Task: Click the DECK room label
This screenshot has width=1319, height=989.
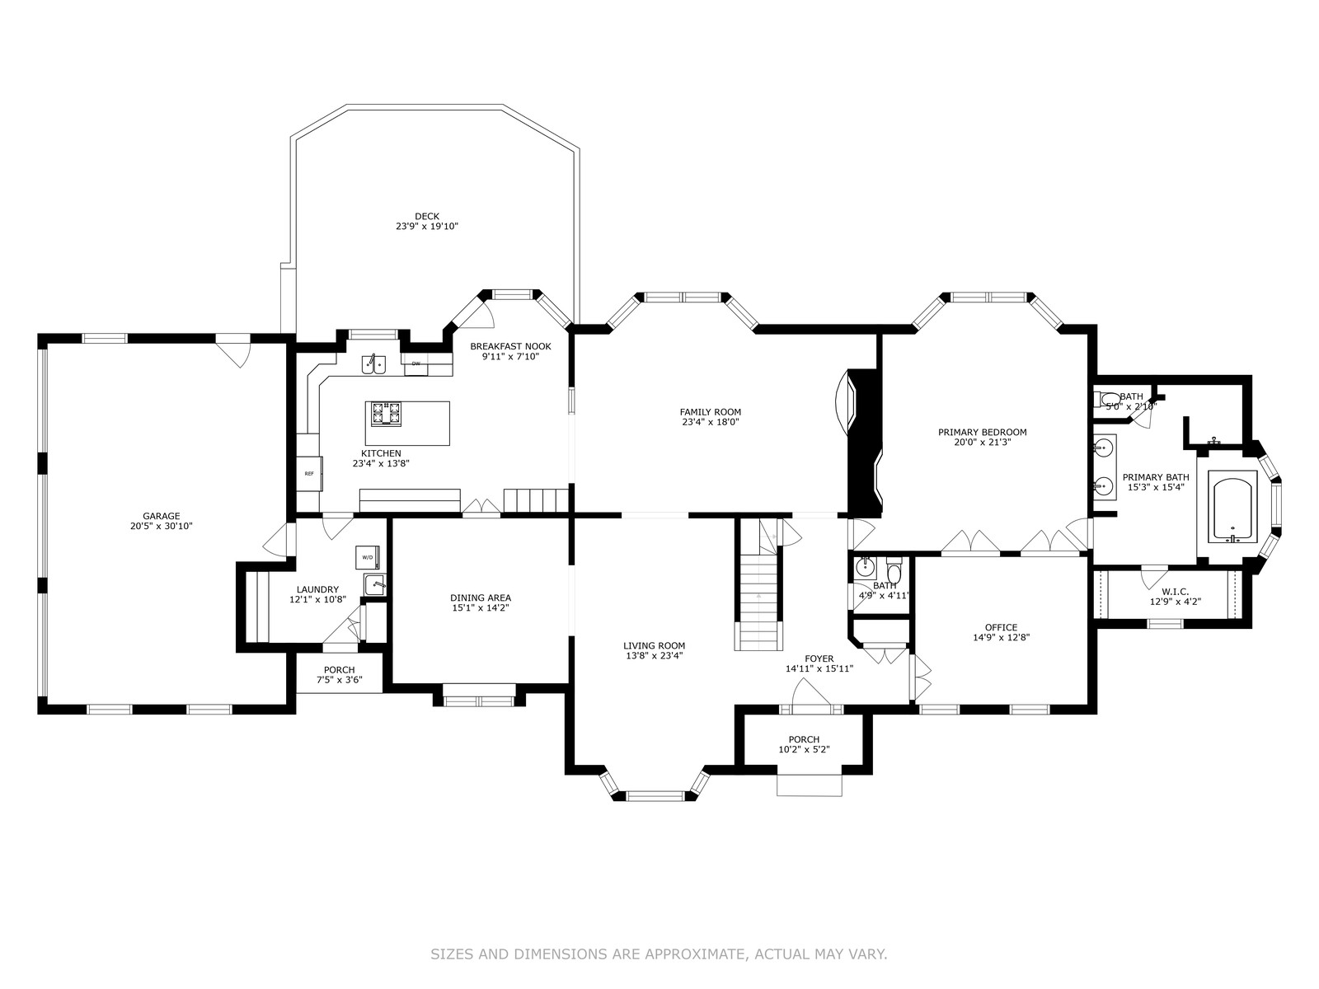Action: [x=427, y=216]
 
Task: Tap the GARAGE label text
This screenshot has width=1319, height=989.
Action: [x=161, y=516]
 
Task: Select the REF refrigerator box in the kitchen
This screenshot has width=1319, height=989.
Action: [x=309, y=474]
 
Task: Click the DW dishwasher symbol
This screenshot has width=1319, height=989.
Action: [x=415, y=364]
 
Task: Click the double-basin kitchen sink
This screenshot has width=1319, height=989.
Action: [x=374, y=364]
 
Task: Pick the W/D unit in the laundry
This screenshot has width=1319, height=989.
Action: [x=367, y=557]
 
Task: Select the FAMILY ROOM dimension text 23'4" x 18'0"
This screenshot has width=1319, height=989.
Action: [x=711, y=422]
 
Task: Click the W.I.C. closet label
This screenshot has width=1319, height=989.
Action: [x=1176, y=592]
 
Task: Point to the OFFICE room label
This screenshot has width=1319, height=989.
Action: [x=1001, y=627]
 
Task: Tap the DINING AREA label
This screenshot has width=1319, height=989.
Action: [x=481, y=598]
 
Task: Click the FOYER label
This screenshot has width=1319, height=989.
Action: [x=819, y=659]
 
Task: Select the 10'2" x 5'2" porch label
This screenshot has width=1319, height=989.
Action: [x=804, y=749]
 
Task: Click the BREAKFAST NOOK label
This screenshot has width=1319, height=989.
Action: [x=510, y=346]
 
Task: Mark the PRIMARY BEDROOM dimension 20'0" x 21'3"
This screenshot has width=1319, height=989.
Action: [x=983, y=443]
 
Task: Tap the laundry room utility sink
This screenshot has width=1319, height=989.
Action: [x=374, y=584]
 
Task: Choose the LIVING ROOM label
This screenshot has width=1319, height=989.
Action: [x=654, y=646]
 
